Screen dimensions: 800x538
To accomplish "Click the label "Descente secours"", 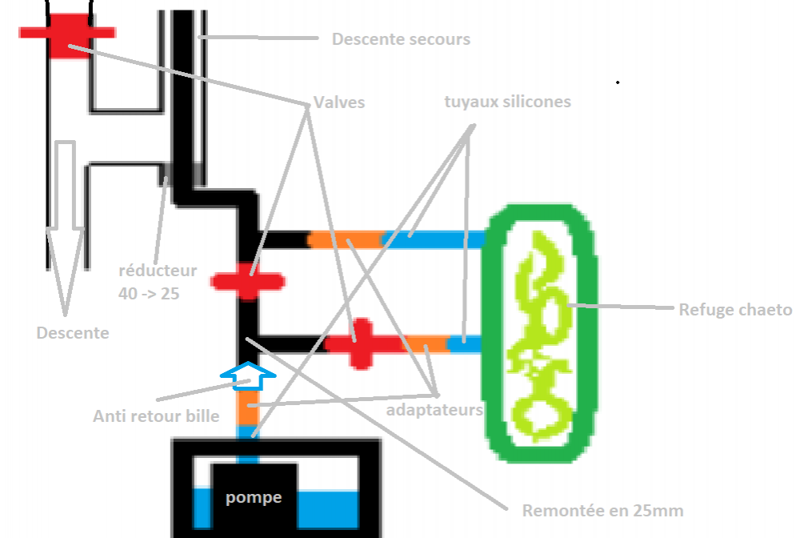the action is pos(401,39).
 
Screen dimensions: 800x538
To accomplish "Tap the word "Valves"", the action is pos(338,102).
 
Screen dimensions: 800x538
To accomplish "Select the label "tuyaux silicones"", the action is pos(508,102).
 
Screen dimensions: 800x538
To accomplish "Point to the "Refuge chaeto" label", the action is pos(735,310).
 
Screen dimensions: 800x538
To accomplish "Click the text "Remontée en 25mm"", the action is pos(602,511).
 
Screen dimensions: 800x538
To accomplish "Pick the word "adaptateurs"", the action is pos(434,410).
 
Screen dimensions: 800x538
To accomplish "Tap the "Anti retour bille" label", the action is pos(156,416).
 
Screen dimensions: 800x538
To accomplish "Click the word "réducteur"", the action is pos(158,271).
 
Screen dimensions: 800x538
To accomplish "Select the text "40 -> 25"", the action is pos(149,294).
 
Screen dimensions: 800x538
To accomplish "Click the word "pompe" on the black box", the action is pos(254,497).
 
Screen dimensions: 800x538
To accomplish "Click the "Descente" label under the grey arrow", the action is pos(73,333).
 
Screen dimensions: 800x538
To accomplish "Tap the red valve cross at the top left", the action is pos(68,34).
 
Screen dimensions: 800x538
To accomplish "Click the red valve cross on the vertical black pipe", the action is pos(248,281).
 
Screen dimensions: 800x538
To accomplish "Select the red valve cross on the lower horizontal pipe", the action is pos(362,344).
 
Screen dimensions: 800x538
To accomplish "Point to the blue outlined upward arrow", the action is pos(248,376).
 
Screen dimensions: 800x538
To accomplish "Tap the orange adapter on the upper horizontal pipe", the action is pos(346,239).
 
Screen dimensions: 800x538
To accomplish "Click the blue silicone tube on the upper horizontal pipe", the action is pos(434,239).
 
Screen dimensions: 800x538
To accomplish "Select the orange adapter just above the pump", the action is pos(248,408).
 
